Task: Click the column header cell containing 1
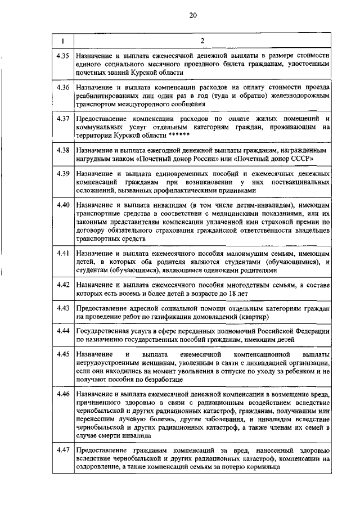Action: coord(63,40)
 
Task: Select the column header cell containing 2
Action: coord(202,40)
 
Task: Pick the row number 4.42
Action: coord(63,285)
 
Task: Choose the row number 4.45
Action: coord(63,354)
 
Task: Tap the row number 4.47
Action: coord(63,449)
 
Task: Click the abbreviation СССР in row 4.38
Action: coord(300,159)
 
